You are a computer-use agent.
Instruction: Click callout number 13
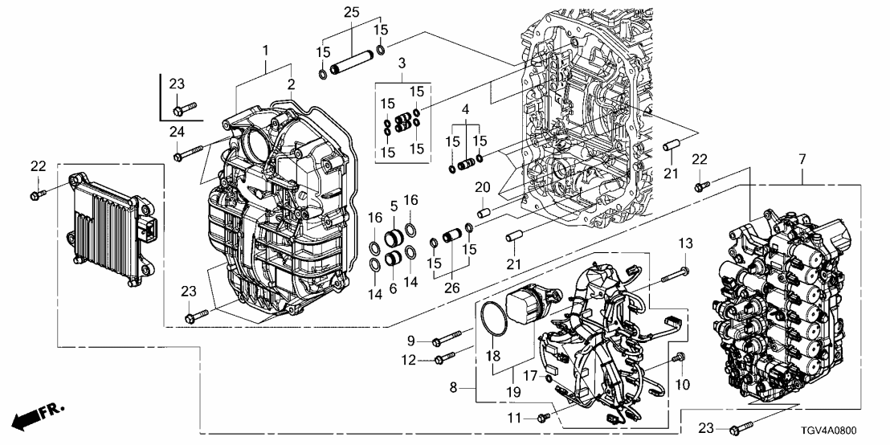[685, 244]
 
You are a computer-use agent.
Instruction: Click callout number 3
[401, 63]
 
